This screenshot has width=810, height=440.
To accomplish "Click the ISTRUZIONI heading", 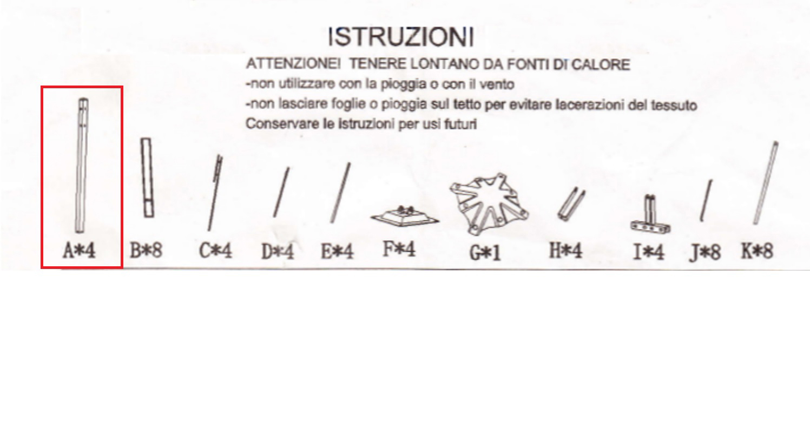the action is (x=400, y=36).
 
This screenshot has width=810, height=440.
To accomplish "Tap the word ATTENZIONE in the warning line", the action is (x=292, y=64).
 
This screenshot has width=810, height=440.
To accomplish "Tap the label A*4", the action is (x=79, y=251).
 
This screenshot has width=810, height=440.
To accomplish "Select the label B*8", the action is (x=146, y=251).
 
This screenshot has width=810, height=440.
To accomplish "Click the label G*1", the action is (x=485, y=253).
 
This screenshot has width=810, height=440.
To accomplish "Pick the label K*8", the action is (x=757, y=251).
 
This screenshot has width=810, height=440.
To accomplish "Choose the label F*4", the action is (x=399, y=249).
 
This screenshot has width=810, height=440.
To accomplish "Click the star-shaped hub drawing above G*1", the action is (x=489, y=203).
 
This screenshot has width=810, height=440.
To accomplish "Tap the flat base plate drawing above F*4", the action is (x=405, y=216).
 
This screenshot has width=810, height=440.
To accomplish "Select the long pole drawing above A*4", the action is (x=82, y=165).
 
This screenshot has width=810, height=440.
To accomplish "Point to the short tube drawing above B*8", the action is (x=147, y=178).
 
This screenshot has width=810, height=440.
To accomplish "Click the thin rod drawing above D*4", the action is (x=281, y=192).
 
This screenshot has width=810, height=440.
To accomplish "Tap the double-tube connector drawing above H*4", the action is (x=571, y=203).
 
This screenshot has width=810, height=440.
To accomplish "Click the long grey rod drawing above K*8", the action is (x=766, y=183).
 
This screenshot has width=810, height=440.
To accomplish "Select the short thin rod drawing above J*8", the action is (x=706, y=200).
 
